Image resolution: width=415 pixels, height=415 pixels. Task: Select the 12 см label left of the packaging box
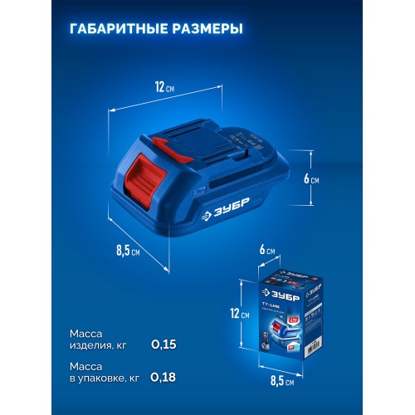[239, 314]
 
